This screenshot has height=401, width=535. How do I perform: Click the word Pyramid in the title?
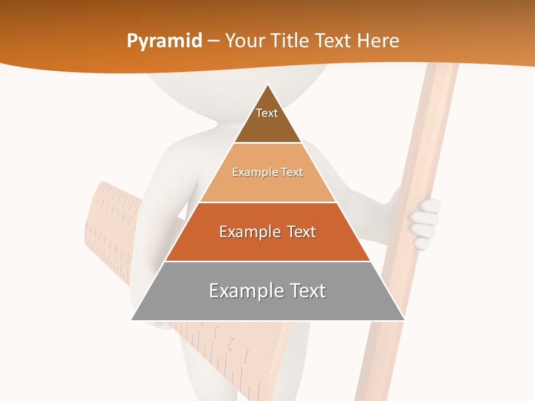(164, 41)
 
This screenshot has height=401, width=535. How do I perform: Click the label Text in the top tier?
(267, 113)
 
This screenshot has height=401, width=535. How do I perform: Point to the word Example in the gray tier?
(242, 291)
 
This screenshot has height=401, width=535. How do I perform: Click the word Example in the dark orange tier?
(249, 232)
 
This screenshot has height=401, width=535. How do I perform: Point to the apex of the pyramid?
(267, 85)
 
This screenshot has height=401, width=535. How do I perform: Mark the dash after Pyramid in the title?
(213, 41)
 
